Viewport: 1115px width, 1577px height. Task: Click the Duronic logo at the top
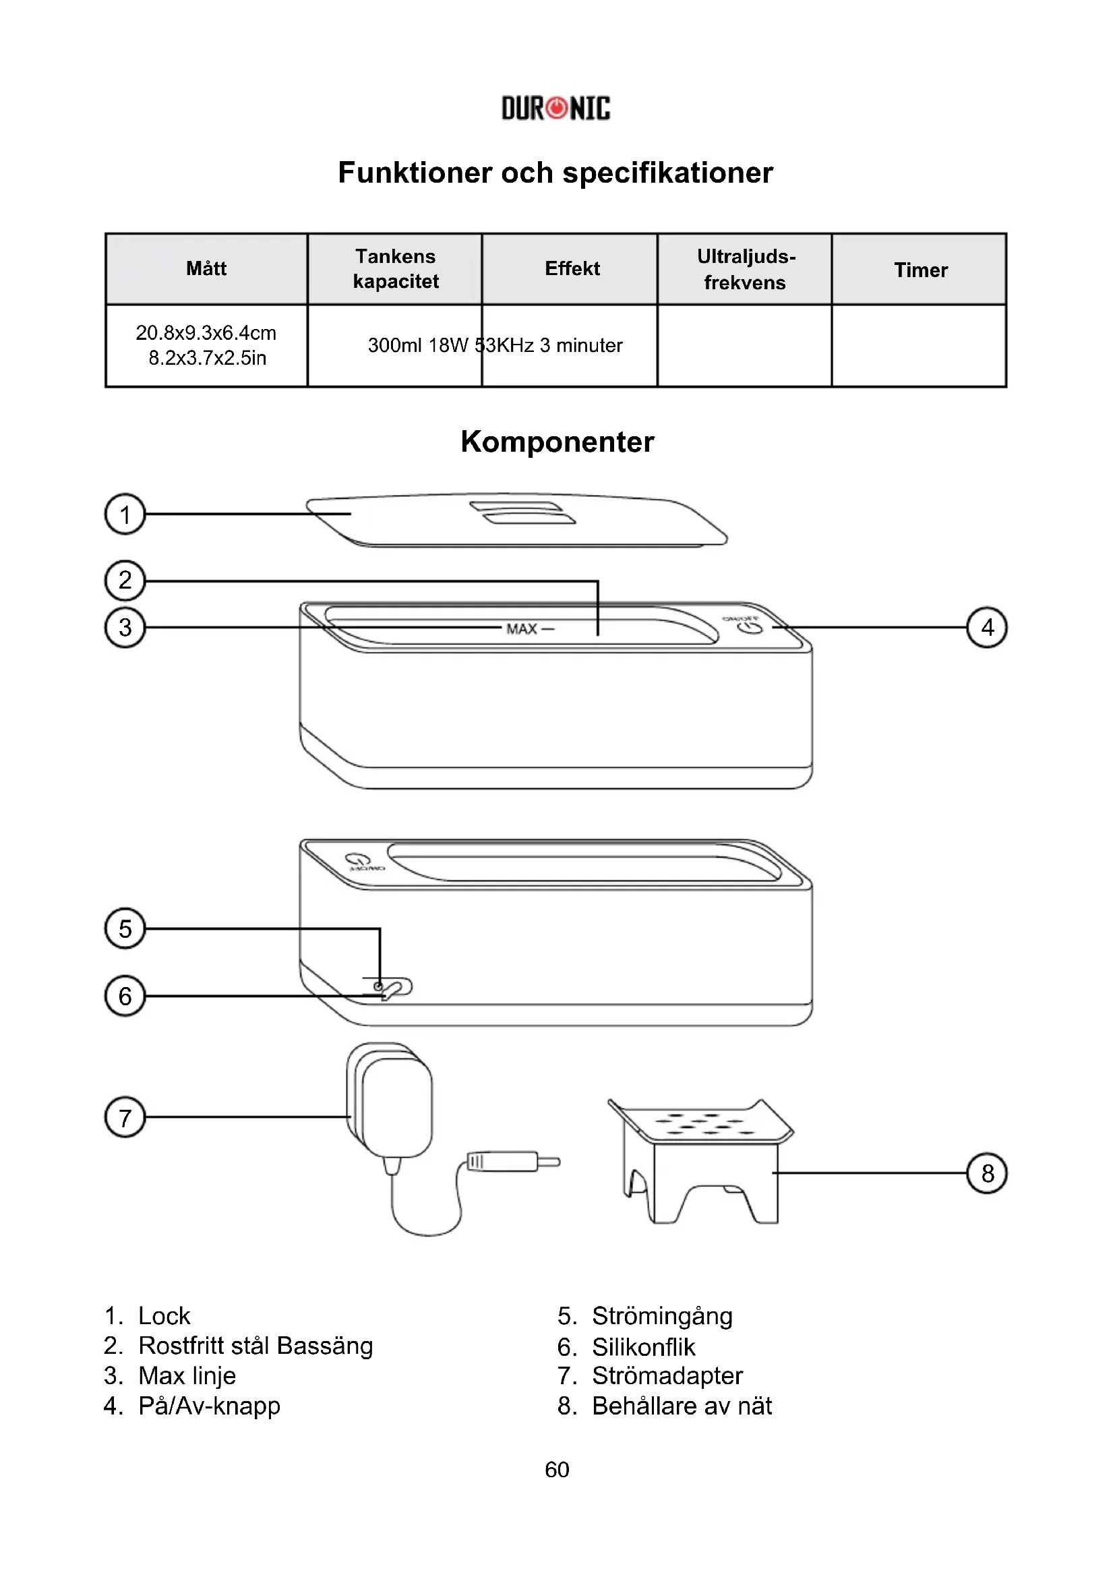[555, 108]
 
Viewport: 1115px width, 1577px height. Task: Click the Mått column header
[206, 268]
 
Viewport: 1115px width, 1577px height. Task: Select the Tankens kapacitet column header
[396, 268]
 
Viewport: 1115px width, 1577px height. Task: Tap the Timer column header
[920, 270]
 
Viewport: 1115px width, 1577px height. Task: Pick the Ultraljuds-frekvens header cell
[746, 269]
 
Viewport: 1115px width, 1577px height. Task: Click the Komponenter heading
[557, 442]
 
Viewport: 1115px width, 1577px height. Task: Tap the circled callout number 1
[125, 514]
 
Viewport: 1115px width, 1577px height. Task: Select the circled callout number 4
[987, 627]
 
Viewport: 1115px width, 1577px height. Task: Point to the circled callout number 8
[987, 1173]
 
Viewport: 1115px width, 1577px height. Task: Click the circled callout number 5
[125, 928]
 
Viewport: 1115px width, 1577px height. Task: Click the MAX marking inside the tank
[522, 629]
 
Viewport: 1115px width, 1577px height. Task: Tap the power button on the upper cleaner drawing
[750, 627]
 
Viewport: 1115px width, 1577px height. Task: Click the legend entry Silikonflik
[643, 1347]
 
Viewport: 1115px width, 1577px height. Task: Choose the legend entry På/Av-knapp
[209, 1406]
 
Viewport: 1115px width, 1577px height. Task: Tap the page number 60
[557, 1469]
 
